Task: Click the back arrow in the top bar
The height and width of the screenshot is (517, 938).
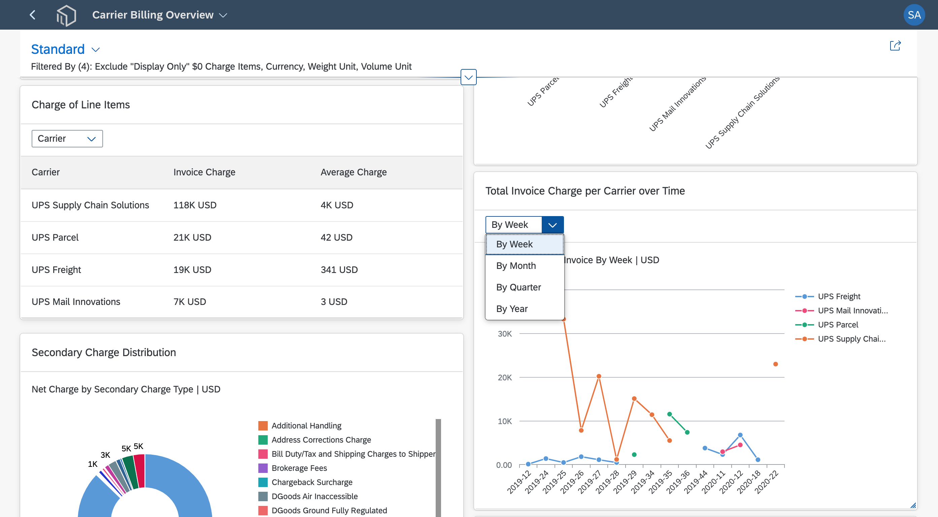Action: coord(32,15)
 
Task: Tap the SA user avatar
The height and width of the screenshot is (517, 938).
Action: coord(914,15)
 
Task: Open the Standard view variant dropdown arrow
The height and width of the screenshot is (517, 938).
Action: coord(96,49)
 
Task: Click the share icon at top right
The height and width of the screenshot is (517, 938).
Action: coord(895,45)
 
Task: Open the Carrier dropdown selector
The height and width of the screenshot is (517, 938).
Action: coord(67,139)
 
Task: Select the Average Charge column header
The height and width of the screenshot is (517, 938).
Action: coord(354,172)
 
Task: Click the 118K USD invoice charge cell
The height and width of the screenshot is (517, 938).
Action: coord(195,205)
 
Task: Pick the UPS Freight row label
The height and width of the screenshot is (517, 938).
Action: coord(56,270)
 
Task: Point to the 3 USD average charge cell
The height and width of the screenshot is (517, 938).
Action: coord(334,302)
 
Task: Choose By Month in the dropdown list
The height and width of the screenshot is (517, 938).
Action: coord(516,266)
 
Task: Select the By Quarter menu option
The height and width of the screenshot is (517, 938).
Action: coord(518,287)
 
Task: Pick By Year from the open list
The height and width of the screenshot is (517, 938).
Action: coord(512,309)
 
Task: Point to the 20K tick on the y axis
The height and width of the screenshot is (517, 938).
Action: coord(505,378)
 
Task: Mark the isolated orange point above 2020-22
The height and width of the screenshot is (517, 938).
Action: coord(776,364)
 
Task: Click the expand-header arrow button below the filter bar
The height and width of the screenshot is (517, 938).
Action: coord(469,77)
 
